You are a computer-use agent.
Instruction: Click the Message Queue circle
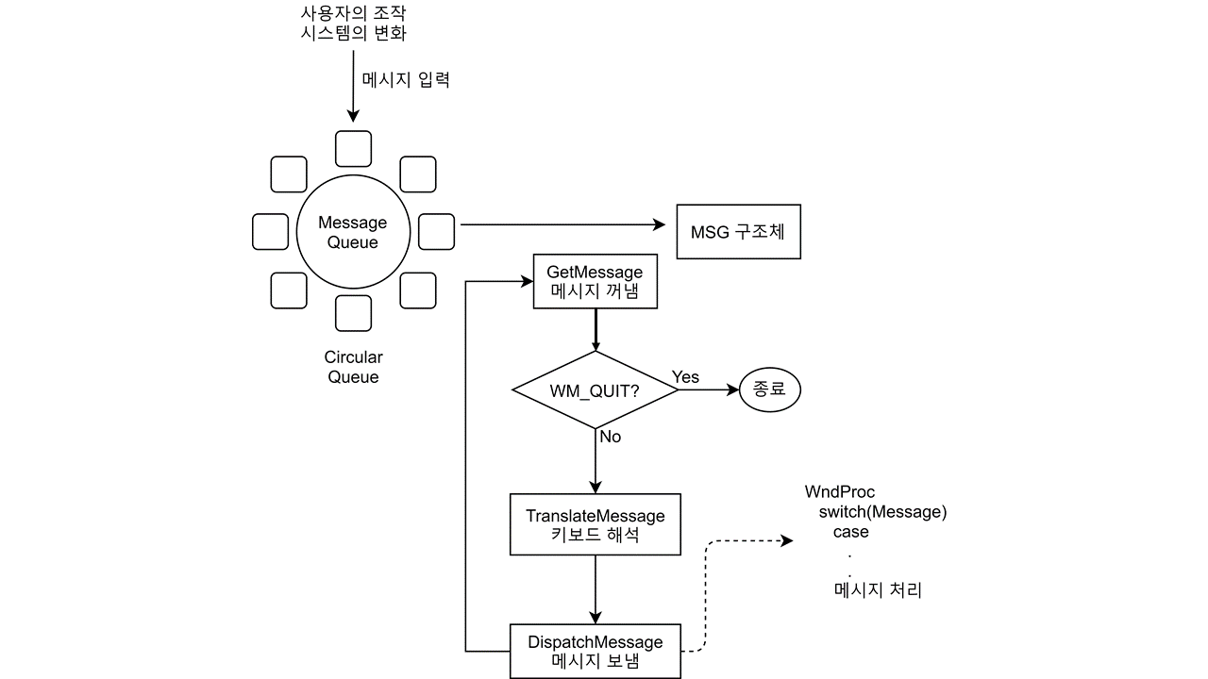click(352, 232)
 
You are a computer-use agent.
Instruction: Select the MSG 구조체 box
click(738, 232)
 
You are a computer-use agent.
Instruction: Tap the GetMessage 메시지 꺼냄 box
click(595, 282)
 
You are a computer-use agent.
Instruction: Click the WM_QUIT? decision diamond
click(595, 390)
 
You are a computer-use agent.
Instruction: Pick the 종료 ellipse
click(769, 389)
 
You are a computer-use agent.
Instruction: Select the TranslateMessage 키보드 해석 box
click(595, 525)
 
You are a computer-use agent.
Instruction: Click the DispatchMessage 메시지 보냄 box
click(595, 652)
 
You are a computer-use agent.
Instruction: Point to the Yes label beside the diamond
click(685, 377)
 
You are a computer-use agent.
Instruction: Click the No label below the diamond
click(610, 437)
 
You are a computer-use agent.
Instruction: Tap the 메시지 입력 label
click(406, 80)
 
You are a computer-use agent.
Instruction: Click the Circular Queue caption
click(353, 367)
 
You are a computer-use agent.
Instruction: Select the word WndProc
click(839, 491)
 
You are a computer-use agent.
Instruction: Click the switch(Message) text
click(881, 512)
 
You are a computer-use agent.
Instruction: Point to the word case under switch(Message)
click(850, 532)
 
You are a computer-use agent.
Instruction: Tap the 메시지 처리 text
click(878, 591)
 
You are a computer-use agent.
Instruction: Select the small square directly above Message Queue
click(354, 149)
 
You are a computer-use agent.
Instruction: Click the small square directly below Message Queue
click(353, 313)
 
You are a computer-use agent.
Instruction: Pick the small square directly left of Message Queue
click(271, 232)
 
